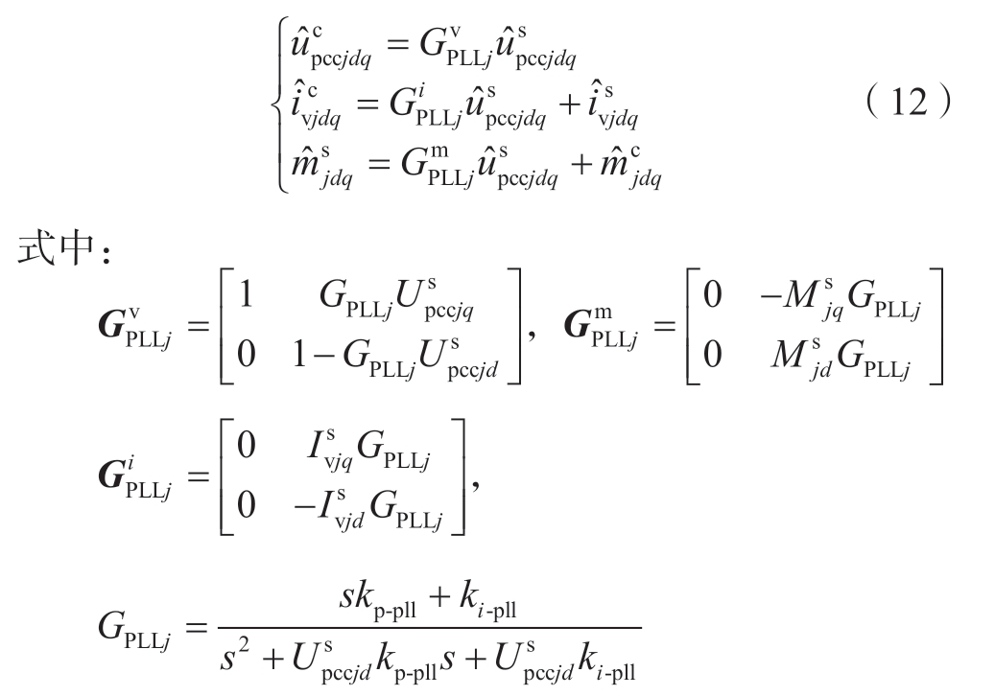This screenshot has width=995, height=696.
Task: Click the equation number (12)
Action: click(904, 102)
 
